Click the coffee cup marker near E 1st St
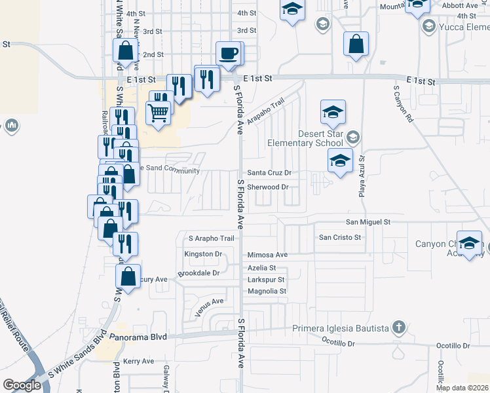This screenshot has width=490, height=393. coord(229,54)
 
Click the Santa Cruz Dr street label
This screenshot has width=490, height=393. coord(268,173)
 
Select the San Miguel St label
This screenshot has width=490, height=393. coord(368,222)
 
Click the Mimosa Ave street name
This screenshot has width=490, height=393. coord(267,255)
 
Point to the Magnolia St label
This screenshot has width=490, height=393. coord(267,291)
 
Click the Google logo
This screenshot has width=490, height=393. coord(22,385)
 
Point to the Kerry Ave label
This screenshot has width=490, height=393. coord(138,361)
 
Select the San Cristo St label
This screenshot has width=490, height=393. coord(340,237)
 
